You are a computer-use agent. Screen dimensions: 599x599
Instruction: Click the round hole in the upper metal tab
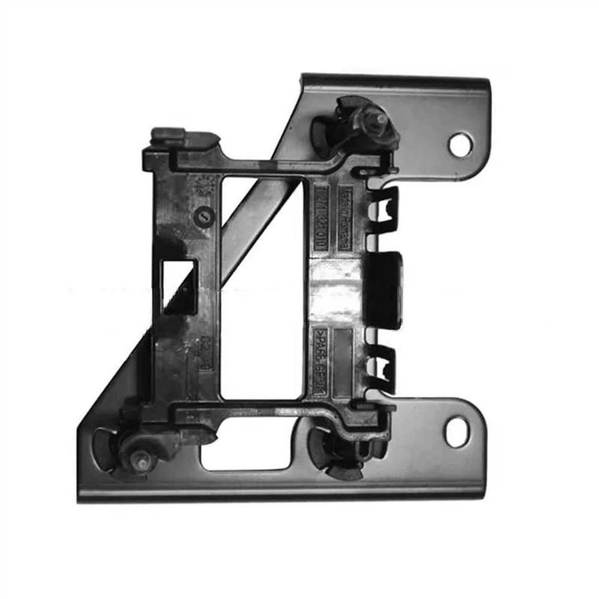click(460, 144)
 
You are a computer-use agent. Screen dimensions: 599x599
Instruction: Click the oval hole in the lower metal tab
click(457, 432)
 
